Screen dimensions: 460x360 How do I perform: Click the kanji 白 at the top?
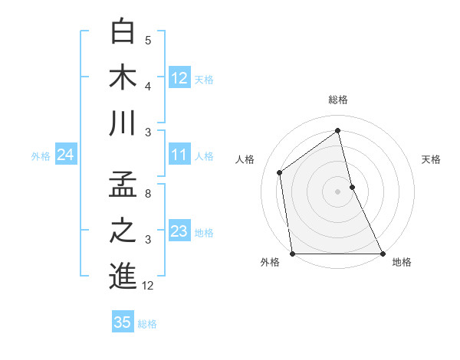click(x=123, y=32)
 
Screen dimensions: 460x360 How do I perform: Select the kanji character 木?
click(x=123, y=77)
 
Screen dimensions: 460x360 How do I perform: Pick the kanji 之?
click(x=123, y=231)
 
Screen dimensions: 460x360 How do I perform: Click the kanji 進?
click(x=123, y=276)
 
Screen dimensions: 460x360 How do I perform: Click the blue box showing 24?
click(x=65, y=155)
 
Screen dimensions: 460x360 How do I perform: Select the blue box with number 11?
click(x=179, y=155)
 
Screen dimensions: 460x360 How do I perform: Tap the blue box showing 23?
click(x=179, y=231)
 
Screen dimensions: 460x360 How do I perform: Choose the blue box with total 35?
click(x=123, y=322)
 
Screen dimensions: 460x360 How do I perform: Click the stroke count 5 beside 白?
click(x=148, y=40)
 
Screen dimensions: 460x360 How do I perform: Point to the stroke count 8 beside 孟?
click(x=148, y=194)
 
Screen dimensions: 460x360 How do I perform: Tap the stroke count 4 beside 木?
click(x=148, y=86)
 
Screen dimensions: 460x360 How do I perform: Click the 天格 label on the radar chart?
click(x=431, y=159)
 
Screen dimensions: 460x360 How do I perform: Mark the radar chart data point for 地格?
click(x=382, y=254)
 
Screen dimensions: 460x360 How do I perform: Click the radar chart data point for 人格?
click(x=280, y=172)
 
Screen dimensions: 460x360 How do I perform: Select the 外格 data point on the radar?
click(x=292, y=254)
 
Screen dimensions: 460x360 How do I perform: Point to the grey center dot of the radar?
click(x=337, y=191)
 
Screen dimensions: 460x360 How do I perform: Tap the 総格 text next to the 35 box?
click(x=147, y=323)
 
